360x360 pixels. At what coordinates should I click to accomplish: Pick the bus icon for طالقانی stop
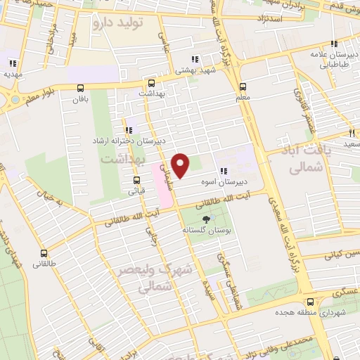(45, 253)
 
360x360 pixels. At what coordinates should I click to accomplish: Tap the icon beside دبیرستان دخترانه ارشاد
(128, 130)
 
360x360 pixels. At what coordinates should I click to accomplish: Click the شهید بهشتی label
(200, 70)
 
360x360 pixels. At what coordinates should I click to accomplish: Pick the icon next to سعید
(350, 131)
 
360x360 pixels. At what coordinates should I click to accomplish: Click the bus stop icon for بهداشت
(150, 82)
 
